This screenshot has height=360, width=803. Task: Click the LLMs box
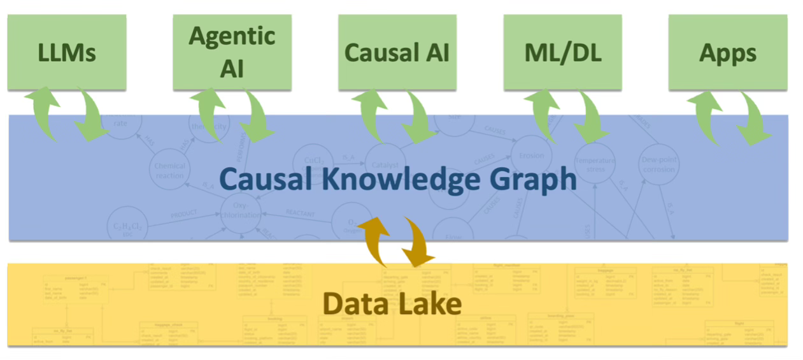pos(67,52)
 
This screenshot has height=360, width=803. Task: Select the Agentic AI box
pos(232,52)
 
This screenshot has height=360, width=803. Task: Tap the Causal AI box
pos(397,52)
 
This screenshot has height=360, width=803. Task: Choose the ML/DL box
pos(562,52)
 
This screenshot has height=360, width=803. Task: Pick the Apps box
pos(727,52)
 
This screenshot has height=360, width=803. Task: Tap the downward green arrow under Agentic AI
pos(255,115)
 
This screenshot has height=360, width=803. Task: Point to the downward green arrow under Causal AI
pos(421,116)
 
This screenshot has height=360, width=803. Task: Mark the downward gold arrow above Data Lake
pos(416,242)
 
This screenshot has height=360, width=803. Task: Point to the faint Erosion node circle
pos(531,156)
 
